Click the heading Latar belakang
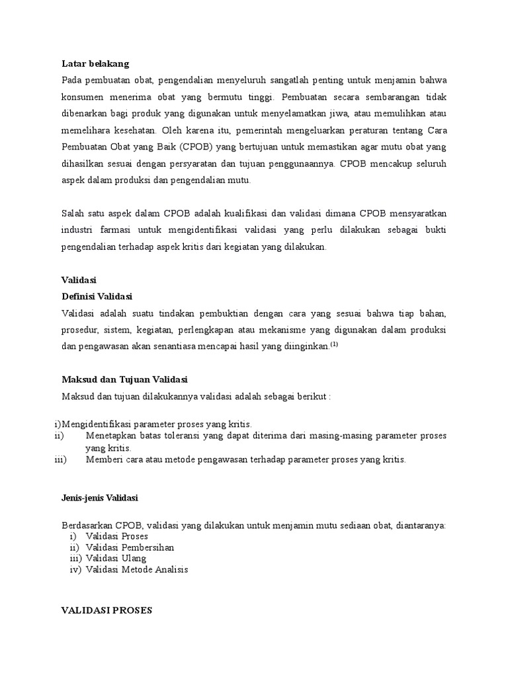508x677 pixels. point(95,64)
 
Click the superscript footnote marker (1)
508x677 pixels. point(334,344)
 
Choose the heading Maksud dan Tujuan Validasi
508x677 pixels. point(124,380)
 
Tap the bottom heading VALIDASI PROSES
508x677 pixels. point(106,611)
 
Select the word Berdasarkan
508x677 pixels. point(87,526)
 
